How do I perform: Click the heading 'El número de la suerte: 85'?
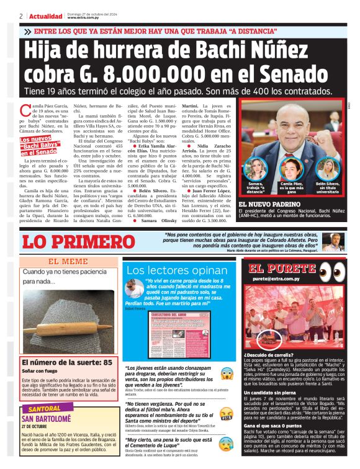66,362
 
